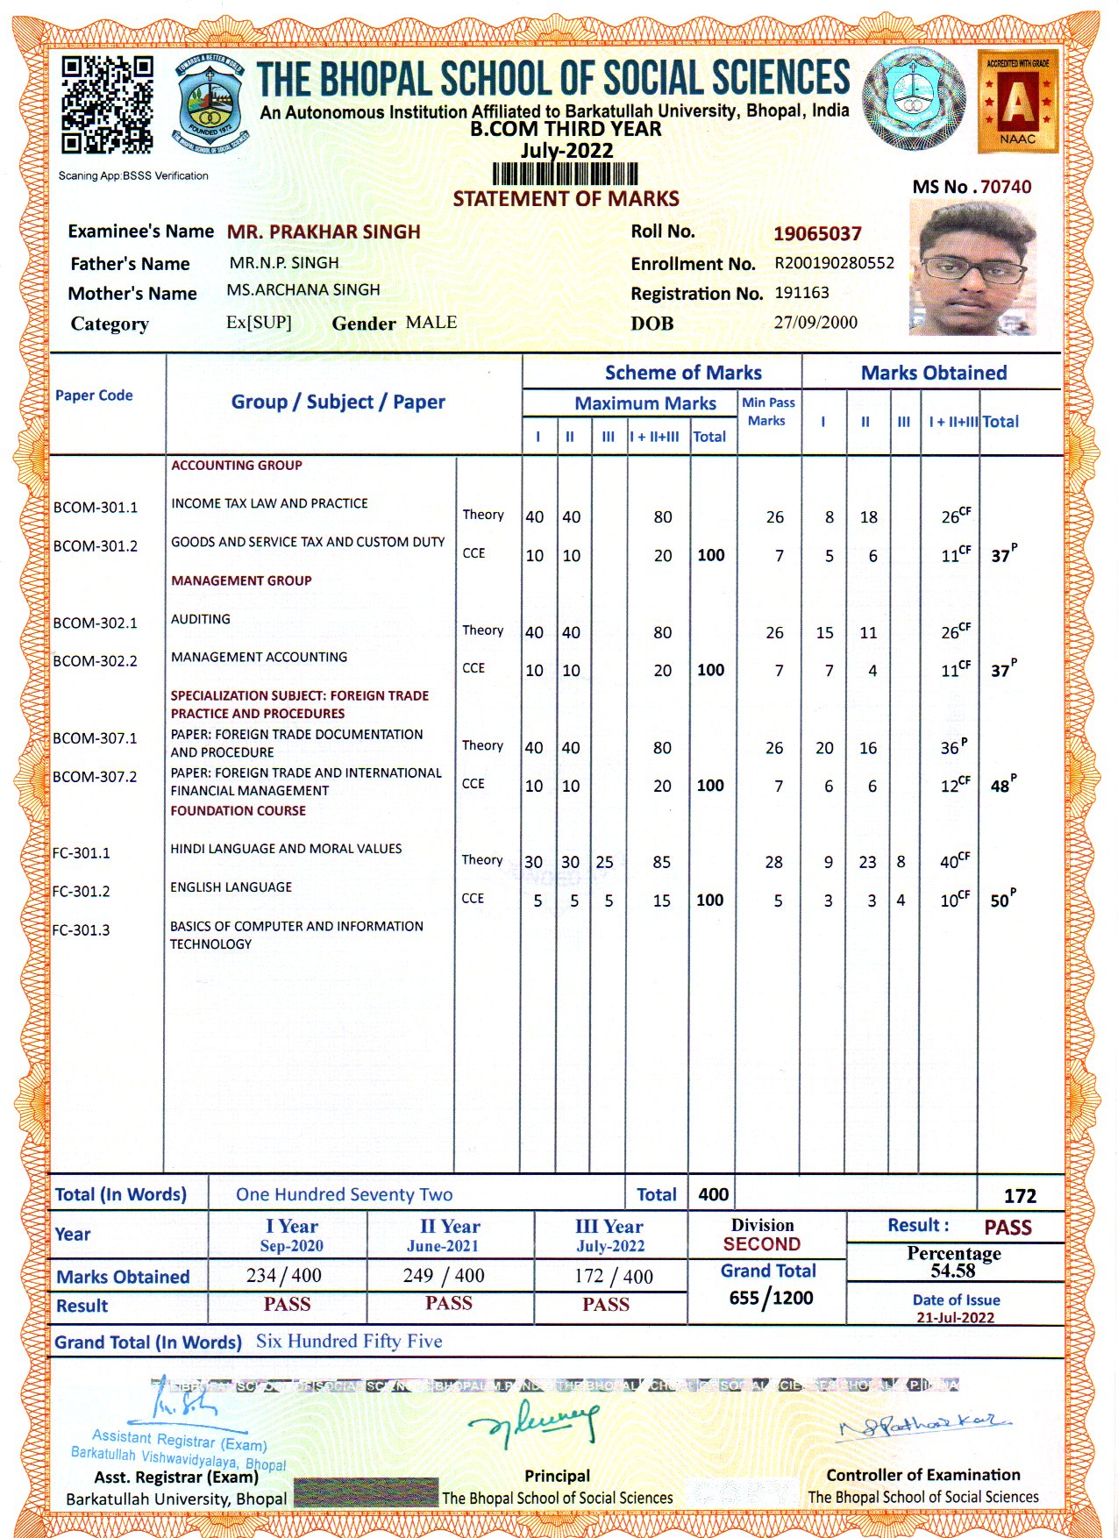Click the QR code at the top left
[107, 104]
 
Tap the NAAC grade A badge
[1017, 101]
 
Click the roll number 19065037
[817, 233]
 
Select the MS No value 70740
[1006, 187]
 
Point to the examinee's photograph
[972, 267]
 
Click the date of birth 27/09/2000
[815, 323]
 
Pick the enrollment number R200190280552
[834, 263]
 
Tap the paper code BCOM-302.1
[95, 623]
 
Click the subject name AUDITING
[201, 619]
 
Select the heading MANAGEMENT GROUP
[241, 580]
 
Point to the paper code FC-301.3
[81, 930]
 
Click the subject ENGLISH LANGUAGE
[231, 887]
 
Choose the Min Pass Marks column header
[768, 411]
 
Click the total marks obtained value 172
[1020, 1196]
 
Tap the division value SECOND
[762, 1244]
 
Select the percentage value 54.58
[953, 1271]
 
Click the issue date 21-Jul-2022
[955, 1318]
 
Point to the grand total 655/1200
[771, 1298]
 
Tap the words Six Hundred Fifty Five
[349, 1342]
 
